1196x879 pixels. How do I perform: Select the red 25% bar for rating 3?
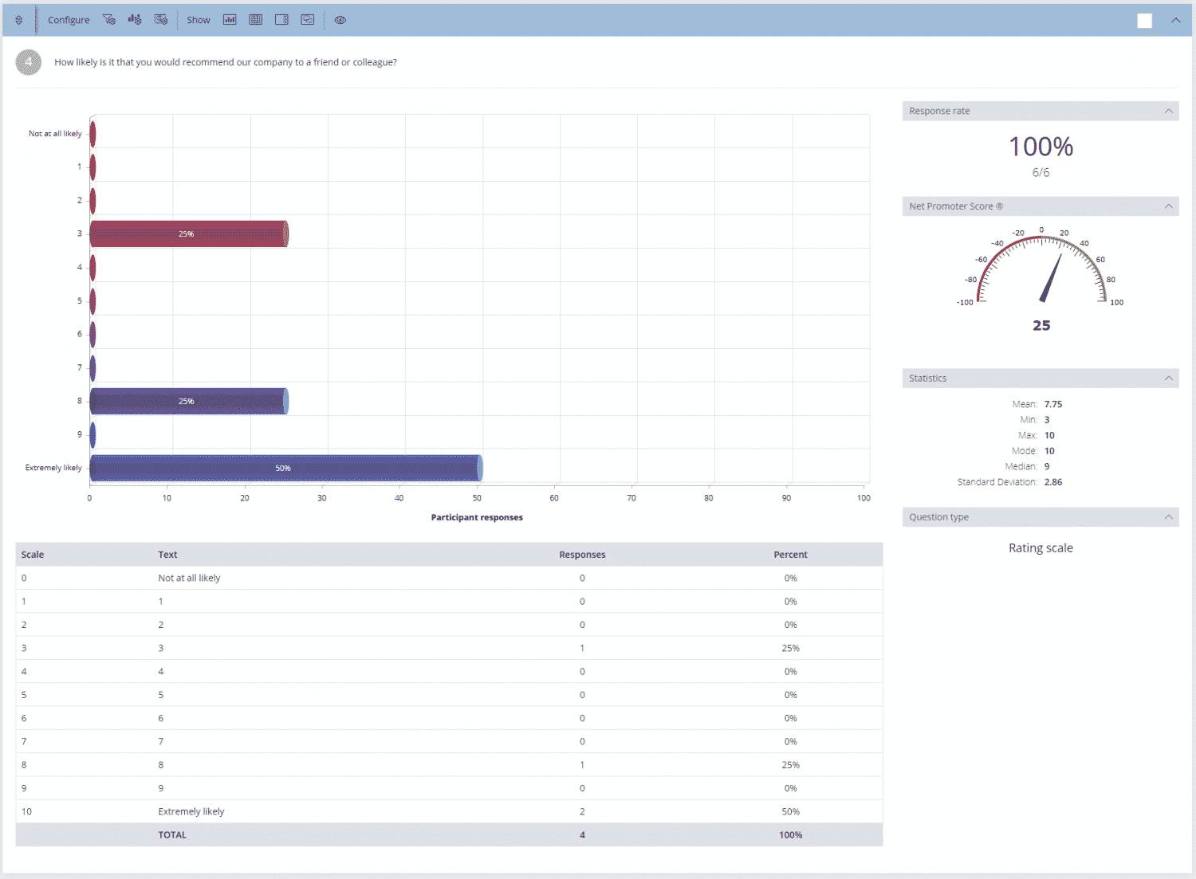(188, 234)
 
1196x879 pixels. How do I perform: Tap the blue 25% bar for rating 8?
(188, 402)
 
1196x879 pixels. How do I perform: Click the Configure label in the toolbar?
(69, 20)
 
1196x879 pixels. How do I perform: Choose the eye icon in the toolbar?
(340, 20)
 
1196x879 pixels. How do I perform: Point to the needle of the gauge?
(1051, 278)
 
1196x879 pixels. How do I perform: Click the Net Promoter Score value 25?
(1041, 325)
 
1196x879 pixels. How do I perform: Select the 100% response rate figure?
(1041, 147)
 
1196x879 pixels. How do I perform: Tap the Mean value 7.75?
(1053, 404)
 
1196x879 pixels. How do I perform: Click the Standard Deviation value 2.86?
(1053, 482)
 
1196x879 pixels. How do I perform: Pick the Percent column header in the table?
(790, 555)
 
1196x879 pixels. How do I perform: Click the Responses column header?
(582, 555)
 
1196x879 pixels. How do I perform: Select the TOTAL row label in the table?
(172, 835)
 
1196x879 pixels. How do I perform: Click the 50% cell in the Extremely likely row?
(790, 811)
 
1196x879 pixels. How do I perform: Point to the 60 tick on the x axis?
(554, 498)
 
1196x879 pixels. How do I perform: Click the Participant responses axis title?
(477, 517)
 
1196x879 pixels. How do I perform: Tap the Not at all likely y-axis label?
(55, 134)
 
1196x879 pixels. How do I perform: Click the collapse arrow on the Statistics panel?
(1168, 378)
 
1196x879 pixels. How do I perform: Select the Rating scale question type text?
(1041, 548)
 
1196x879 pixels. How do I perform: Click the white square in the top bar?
(1144, 21)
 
